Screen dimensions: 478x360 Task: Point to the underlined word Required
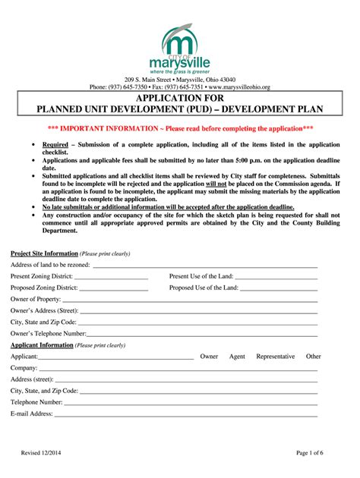pos(55,144)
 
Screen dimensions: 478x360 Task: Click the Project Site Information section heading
pos(44,253)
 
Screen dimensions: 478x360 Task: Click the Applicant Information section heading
pos(42,345)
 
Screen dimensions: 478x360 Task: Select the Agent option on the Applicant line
pos(237,356)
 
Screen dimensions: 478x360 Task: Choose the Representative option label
pos(276,356)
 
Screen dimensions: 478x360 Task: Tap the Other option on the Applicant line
pos(314,356)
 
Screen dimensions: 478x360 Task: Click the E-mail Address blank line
pos(185,415)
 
